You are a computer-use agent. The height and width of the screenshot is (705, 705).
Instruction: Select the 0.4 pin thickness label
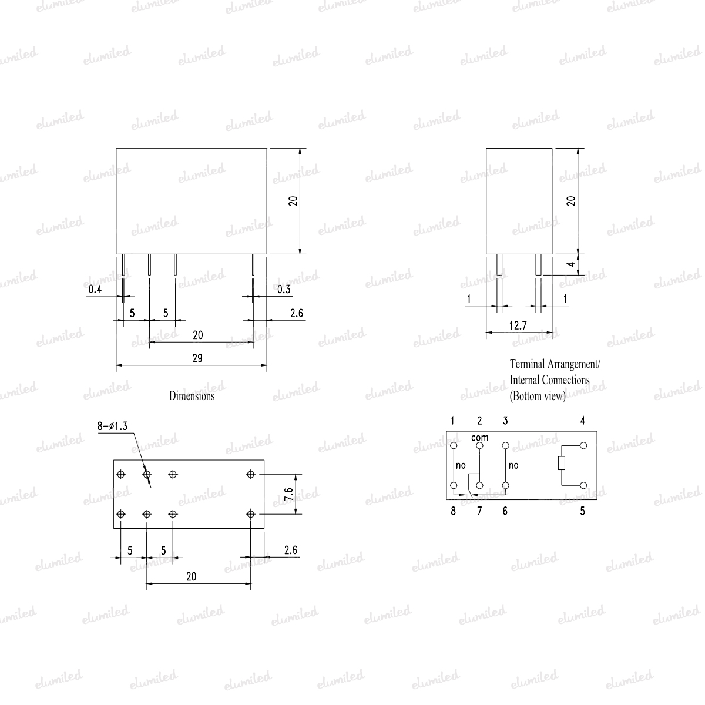pos(95,290)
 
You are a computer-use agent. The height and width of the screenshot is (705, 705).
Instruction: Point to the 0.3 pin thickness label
pos(284,290)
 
